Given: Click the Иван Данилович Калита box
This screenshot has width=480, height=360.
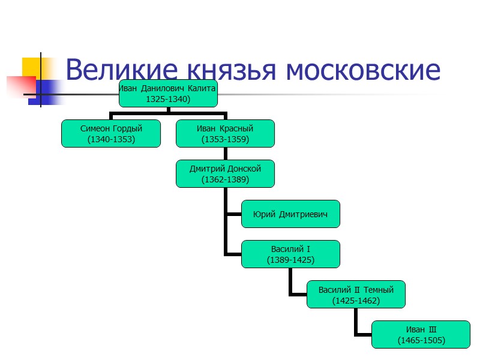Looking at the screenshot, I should coord(167,94).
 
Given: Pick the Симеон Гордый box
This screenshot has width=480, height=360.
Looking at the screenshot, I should coord(111,133).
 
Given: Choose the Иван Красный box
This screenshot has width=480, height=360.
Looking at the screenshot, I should coord(225,133).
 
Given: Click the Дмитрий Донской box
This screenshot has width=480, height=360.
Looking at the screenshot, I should coord(225,173).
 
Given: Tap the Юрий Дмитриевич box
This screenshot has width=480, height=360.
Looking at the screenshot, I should coord(290,214).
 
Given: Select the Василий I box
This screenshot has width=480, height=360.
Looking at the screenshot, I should coord(290,254).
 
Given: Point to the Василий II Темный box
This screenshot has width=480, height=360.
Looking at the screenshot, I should coord(356,294).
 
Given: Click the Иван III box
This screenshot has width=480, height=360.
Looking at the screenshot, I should coord(421,334).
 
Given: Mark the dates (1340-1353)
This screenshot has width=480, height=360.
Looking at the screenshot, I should coord(111,139).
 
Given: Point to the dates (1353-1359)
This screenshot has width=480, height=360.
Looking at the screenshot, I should coord(225,139).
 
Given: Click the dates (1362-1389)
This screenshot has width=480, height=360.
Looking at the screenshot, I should coord(225,179).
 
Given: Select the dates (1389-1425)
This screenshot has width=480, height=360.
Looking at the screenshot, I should coord(290,260).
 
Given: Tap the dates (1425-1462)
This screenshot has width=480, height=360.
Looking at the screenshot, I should coord(356,300).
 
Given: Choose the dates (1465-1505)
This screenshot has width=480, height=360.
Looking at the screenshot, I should coord(421,340).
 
